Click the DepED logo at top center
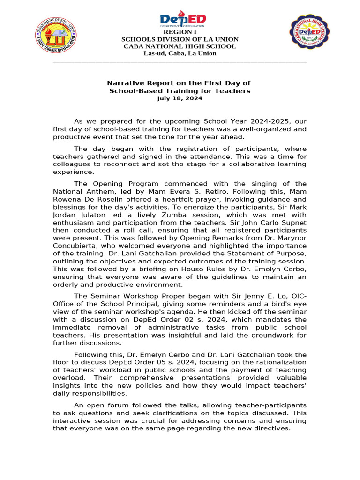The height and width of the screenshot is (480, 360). pyautogui.click(x=183, y=20)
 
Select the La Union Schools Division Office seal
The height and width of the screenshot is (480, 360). pyautogui.click(x=56, y=37)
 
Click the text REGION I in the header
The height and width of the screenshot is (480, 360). pyautogui.click(x=180, y=32)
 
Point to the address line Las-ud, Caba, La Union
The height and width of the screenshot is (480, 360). pyautogui.click(x=180, y=53)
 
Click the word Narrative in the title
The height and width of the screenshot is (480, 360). pyautogui.click(x=126, y=83)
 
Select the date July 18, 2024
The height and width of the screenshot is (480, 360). pyautogui.click(x=180, y=98)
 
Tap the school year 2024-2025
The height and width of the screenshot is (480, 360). pyautogui.click(x=261, y=121)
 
